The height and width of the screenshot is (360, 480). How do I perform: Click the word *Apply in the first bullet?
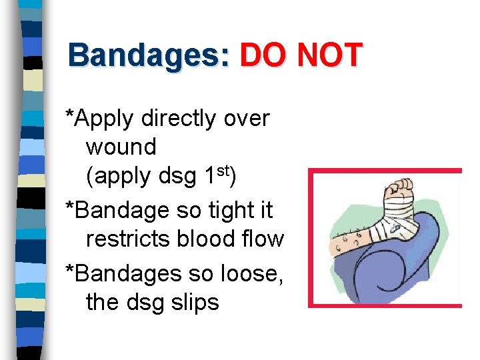(100, 119)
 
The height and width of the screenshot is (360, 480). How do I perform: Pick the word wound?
(121, 147)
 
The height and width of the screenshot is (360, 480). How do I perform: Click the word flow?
(263, 238)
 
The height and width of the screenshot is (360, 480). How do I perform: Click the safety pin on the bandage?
(395, 227)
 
